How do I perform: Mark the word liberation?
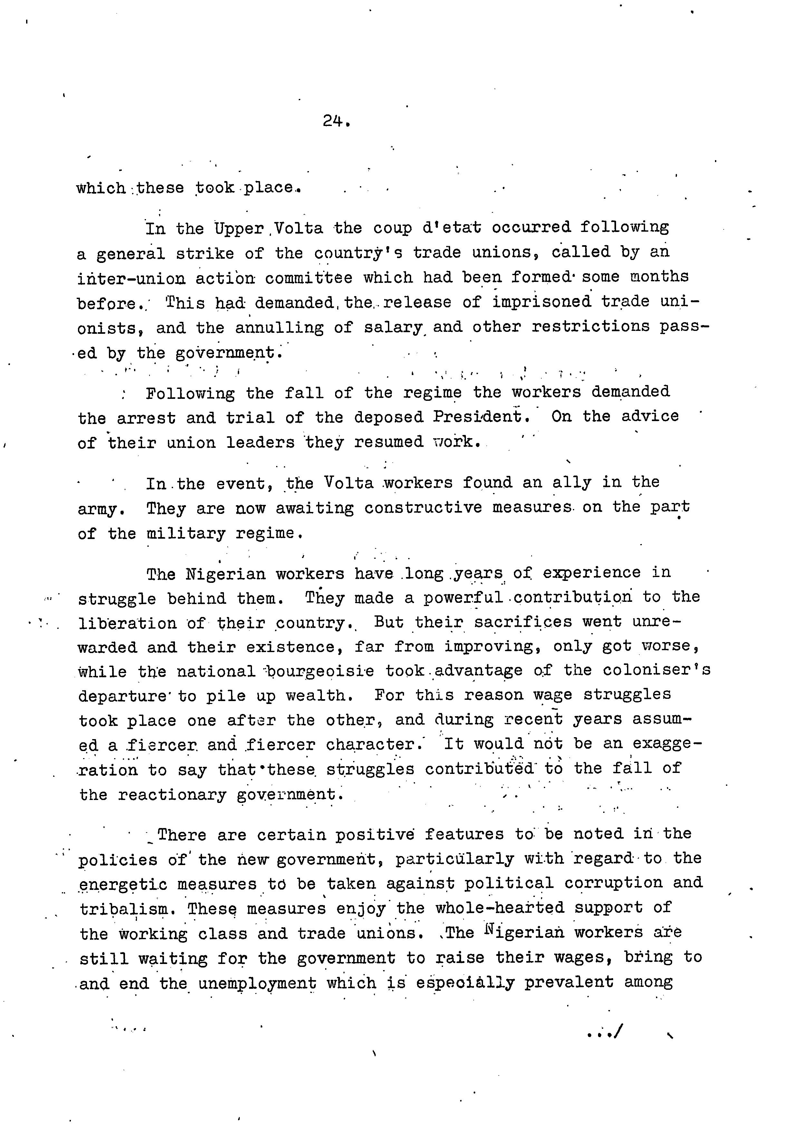(127, 623)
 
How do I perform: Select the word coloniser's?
(656, 670)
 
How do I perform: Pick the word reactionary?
(172, 795)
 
